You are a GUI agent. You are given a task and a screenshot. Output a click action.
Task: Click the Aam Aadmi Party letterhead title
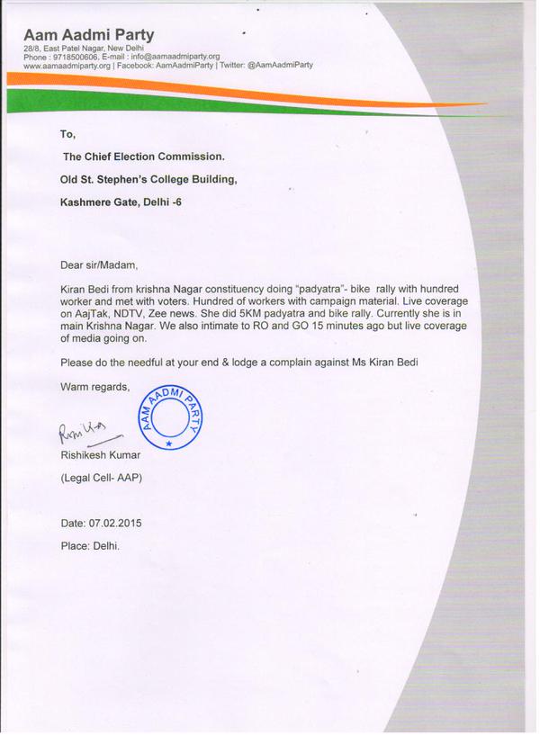point(89,35)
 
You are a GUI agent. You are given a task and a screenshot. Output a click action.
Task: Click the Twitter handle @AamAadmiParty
point(279,66)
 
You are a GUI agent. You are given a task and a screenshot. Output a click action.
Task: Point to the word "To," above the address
point(67,134)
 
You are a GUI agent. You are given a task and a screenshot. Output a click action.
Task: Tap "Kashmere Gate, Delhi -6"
point(121,202)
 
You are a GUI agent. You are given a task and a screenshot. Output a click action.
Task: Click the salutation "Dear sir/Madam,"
point(99,266)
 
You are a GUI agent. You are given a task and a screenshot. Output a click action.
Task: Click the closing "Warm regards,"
point(94,387)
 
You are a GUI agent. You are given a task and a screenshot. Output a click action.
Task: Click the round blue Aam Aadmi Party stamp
point(168,413)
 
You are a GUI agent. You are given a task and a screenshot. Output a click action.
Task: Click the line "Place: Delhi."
point(89,545)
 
